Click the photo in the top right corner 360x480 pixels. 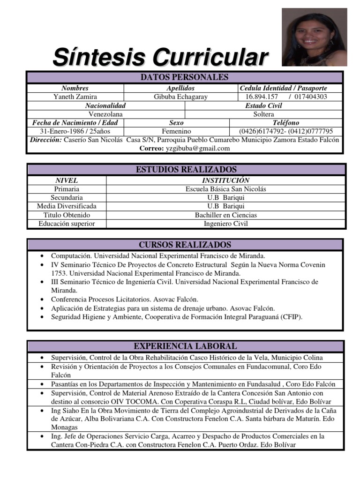(314, 37)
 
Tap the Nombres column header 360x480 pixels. (75, 88)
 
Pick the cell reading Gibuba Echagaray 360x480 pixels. (181, 97)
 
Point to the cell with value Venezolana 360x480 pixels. (106, 114)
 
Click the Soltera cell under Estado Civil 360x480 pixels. (264, 114)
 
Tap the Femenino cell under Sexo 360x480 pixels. (176, 131)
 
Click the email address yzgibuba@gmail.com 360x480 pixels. (198, 148)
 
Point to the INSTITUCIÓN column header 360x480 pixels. (225, 180)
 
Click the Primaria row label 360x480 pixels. (67, 189)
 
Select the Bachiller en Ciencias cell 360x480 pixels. (225, 215)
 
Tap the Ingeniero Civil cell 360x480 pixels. (225, 224)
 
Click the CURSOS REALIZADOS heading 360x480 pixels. (185, 245)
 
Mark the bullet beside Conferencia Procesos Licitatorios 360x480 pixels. (42, 299)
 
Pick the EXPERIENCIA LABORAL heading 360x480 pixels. (185, 346)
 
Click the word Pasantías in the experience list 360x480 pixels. (67, 384)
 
